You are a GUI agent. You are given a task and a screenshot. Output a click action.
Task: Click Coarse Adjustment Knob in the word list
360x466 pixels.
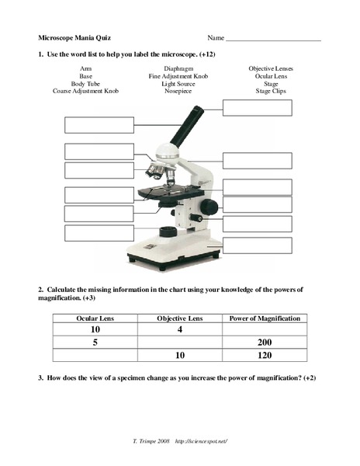pyautogui.click(x=81, y=92)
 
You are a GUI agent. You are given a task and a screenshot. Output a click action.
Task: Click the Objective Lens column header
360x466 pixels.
pyautogui.click(x=179, y=318)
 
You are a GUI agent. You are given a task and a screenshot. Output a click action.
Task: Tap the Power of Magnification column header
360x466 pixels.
pyautogui.click(x=265, y=318)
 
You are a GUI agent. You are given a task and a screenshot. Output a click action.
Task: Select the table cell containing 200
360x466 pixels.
pyautogui.click(x=265, y=343)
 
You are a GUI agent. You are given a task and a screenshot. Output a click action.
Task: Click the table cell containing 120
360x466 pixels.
pyautogui.click(x=265, y=355)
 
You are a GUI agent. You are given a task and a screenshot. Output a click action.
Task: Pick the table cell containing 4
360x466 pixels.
pyautogui.click(x=179, y=329)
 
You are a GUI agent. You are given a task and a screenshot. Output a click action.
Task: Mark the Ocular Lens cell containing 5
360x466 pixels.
pyautogui.click(x=95, y=343)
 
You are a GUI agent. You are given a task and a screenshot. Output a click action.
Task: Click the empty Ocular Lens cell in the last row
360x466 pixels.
pyautogui.click(x=95, y=355)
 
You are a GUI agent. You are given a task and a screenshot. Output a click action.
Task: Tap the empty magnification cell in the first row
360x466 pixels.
pyautogui.click(x=265, y=329)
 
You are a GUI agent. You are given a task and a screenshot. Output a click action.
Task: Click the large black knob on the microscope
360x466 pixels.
pyautogui.click(x=209, y=206)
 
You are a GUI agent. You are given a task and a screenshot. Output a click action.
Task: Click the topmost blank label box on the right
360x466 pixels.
pyautogui.click(x=257, y=108)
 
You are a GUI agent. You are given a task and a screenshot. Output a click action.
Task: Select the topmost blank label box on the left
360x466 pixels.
pyautogui.click(x=99, y=125)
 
